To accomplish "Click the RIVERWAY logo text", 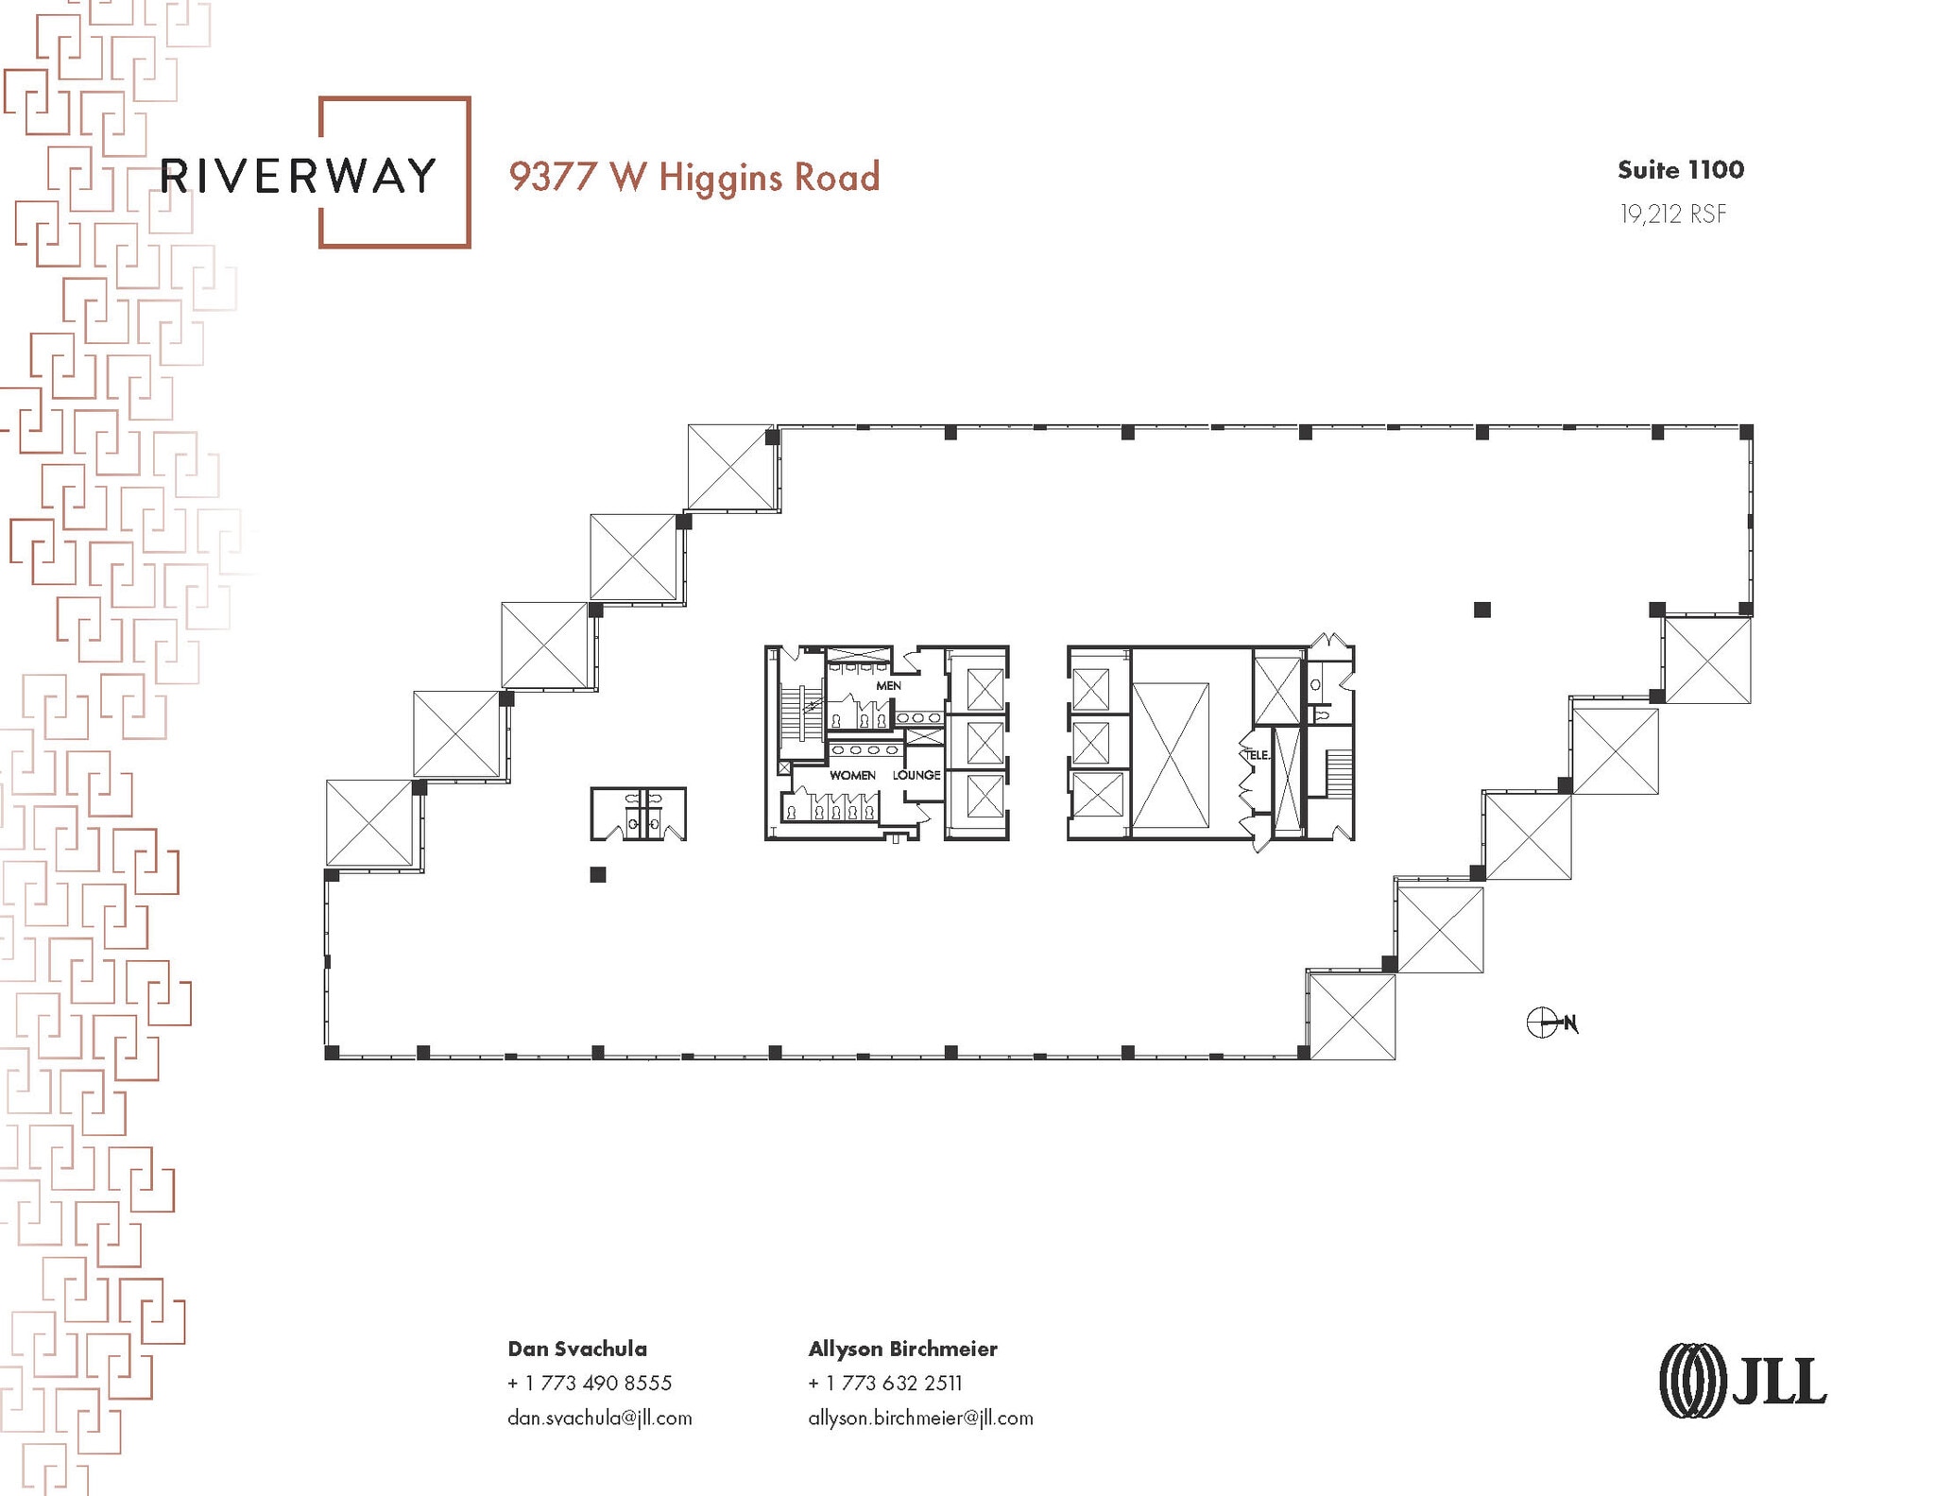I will tap(299, 176).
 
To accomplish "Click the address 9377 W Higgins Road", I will tap(694, 178).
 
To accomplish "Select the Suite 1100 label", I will tap(1680, 170).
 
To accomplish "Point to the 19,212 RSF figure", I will tap(1672, 215).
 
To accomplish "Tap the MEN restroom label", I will tap(888, 685).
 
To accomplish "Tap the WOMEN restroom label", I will tap(852, 775).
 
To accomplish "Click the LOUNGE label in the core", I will tap(916, 775).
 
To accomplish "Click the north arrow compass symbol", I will tap(1544, 1023).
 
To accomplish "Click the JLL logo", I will tap(1742, 1381).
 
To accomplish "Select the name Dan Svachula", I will tap(577, 1349).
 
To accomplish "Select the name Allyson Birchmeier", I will tap(902, 1349).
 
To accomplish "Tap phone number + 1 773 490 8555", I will tap(590, 1383).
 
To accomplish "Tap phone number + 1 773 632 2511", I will tap(885, 1383).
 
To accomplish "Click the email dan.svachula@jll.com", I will tap(599, 1418).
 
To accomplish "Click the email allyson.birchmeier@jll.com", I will tap(920, 1418).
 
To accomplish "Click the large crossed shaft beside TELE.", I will tap(1170, 755).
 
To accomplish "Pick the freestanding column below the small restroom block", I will tap(597, 875).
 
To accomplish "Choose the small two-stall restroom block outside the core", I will tap(639, 814).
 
